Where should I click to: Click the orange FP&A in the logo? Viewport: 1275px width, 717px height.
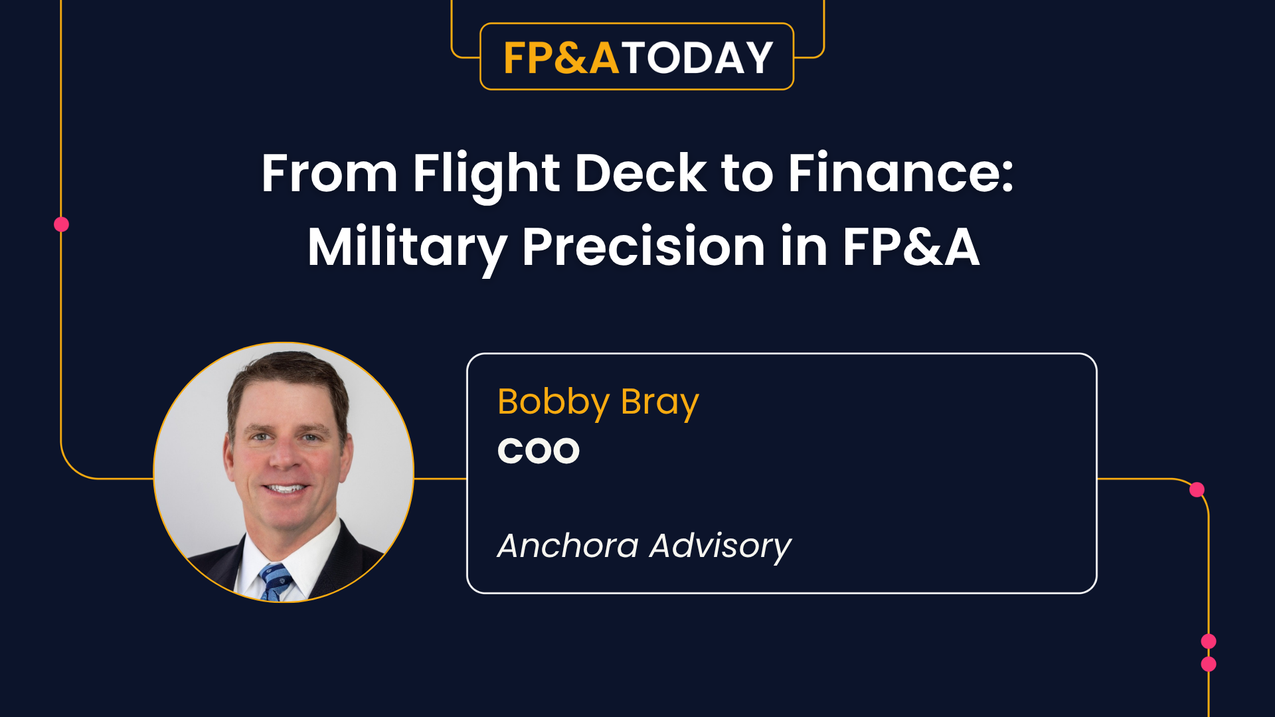coord(561,58)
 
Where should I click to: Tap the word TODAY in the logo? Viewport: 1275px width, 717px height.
coord(697,58)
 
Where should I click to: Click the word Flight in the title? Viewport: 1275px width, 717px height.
coord(486,175)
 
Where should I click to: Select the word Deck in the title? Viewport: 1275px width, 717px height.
coord(640,173)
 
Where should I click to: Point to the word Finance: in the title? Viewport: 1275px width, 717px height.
coord(900,173)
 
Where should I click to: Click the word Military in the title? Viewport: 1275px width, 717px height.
coord(407,248)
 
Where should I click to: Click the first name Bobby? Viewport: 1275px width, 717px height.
coord(553,402)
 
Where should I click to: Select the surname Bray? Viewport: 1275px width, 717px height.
coord(659,402)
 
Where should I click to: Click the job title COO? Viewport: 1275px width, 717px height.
coord(539,451)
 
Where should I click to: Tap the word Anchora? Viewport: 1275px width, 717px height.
coord(568,546)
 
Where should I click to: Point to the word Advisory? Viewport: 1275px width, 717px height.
coord(721,546)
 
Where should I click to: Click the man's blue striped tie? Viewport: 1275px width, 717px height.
coord(275,582)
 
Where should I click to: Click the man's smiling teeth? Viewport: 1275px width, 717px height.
coord(285,489)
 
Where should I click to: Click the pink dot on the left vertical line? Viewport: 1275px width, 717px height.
coord(61,224)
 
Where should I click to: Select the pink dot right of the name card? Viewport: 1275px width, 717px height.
coord(1197,490)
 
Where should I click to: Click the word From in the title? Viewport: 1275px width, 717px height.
coord(329,173)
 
